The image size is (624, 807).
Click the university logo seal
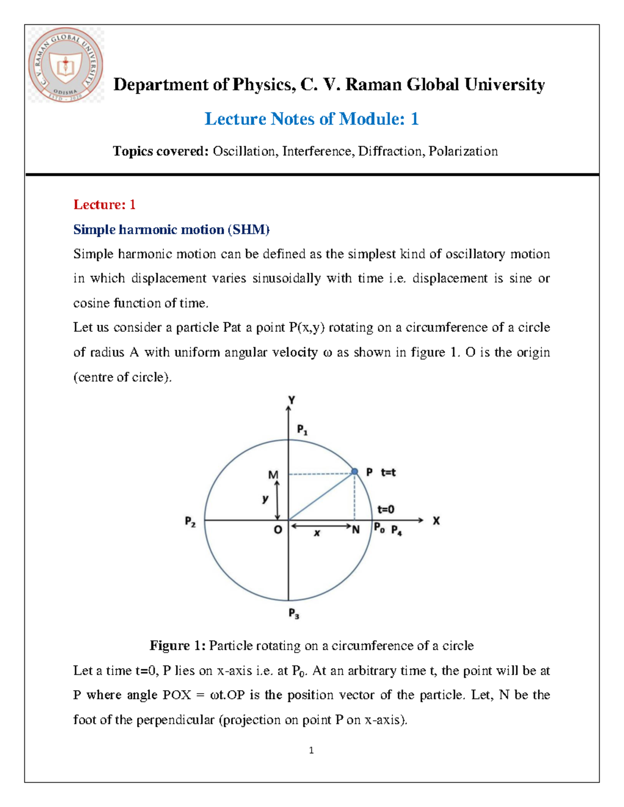pos(66,65)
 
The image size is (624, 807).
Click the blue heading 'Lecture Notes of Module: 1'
pos(311,119)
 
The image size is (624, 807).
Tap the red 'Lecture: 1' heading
pos(105,205)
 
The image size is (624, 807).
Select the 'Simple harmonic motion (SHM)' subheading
pos(171,230)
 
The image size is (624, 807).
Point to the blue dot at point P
pos(355,471)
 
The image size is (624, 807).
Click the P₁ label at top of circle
pos(302,430)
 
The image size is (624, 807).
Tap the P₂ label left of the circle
pos(190,522)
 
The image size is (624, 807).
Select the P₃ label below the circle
pos(294,614)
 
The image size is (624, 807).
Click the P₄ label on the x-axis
pos(396,531)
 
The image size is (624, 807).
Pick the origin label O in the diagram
pos(278,530)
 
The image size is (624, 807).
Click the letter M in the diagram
pos(273,475)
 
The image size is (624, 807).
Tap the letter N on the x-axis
pos(356,530)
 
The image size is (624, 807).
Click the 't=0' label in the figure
pos(386,510)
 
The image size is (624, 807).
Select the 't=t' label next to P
pos(388,472)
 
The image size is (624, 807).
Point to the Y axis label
pos(292,400)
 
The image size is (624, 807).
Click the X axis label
pos(436,521)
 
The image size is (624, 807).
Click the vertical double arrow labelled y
pos(277,499)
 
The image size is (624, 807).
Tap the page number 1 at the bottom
pos(311,750)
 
